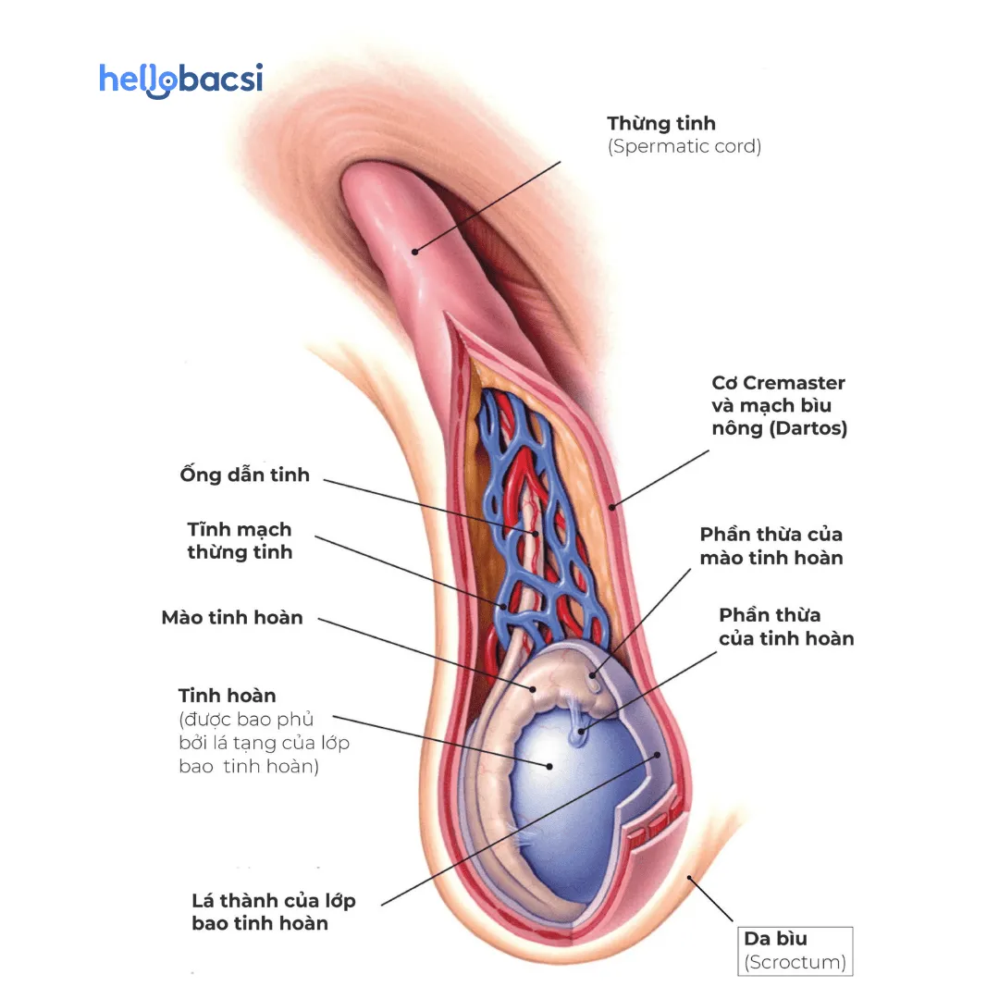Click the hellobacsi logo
[x=180, y=80]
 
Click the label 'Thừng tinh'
[x=661, y=123]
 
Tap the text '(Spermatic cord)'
[x=684, y=146]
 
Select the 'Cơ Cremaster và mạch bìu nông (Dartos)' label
[x=779, y=405]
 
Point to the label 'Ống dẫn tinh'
[x=244, y=475]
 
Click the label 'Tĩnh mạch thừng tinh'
[x=240, y=540]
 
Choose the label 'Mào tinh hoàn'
[x=232, y=617]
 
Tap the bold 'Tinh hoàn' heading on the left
[x=227, y=695]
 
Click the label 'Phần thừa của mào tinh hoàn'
[x=771, y=546]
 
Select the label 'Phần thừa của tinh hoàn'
[x=786, y=626]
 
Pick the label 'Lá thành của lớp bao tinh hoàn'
[x=273, y=911]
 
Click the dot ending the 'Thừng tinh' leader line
[x=415, y=251]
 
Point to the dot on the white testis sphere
[x=549, y=765]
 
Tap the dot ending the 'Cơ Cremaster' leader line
[x=612, y=506]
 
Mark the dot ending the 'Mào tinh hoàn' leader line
[x=533, y=687]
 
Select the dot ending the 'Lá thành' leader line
[x=658, y=754]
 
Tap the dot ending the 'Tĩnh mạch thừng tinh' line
[x=504, y=608]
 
